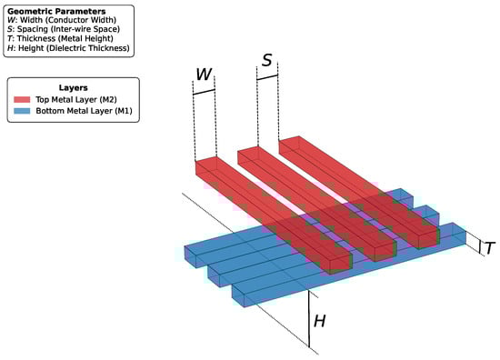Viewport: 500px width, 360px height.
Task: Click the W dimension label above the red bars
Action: (x=204, y=74)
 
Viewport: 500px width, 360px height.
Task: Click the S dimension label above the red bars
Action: (x=267, y=60)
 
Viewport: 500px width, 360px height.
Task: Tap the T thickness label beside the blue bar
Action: (x=490, y=248)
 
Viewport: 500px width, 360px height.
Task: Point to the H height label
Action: (x=320, y=321)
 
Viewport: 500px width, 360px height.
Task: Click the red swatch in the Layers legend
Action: (x=22, y=99)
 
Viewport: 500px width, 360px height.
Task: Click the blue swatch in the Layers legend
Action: (x=22, y=111)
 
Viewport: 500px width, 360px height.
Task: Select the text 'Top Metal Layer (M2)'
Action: (x=76, y=99)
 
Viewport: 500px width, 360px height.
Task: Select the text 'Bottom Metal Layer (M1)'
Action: (x=84, y=111)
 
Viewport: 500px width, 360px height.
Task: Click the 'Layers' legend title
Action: (x=73, y=87)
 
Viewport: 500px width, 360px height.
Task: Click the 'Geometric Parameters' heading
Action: (x=56, y=12)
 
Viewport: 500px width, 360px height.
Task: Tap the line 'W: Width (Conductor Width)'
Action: (x=62, y=20)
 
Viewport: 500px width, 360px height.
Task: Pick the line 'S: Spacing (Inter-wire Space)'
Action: (x=64, y=29)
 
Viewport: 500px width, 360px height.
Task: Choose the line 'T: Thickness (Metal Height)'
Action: (x=60, y=38)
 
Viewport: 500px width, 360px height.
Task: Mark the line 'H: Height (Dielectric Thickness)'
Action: (x=68, y=48)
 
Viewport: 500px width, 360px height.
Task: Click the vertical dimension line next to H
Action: (x=309, y=318)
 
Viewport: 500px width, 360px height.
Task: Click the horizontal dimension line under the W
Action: (x=204, y=92)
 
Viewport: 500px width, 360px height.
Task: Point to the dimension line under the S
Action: (x=267, y=77)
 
